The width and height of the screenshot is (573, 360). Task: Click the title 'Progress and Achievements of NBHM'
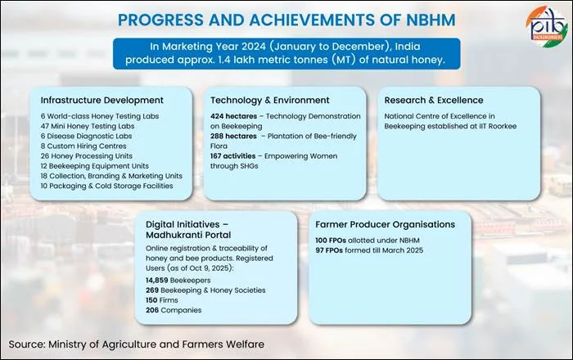pyautogui.click(x=286, y=19)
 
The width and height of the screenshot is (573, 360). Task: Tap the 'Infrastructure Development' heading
pyautogui.click(x=96, y=100)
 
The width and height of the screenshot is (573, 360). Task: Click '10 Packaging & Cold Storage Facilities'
pyautogui.click(x=107, y=186)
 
